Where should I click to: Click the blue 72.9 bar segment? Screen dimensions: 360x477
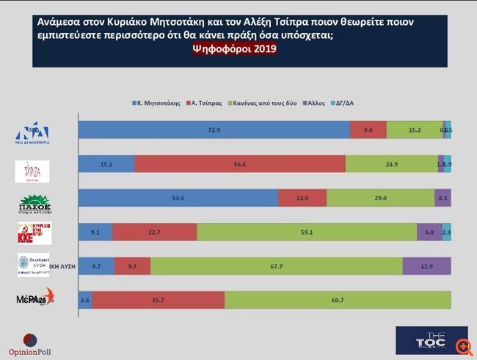(x=214, y=131)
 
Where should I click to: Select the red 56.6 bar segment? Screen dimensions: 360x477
(x=239, y=164)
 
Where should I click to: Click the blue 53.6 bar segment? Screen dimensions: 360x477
(x=178, y=198)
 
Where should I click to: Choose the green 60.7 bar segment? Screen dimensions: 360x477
(x=338, y=298)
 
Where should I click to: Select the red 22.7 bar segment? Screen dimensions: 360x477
(x=155, y=232)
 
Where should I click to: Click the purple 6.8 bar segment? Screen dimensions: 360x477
(x=429, y=232)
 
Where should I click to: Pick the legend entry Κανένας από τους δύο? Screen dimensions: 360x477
(x=266, y=103)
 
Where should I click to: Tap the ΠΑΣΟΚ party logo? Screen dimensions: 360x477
(x=34, y=203)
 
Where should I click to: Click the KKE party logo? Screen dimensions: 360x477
(x=34, y=232)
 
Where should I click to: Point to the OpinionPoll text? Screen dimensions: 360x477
(x=30, y=353)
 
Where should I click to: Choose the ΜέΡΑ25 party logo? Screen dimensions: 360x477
(x=34, y=299)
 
